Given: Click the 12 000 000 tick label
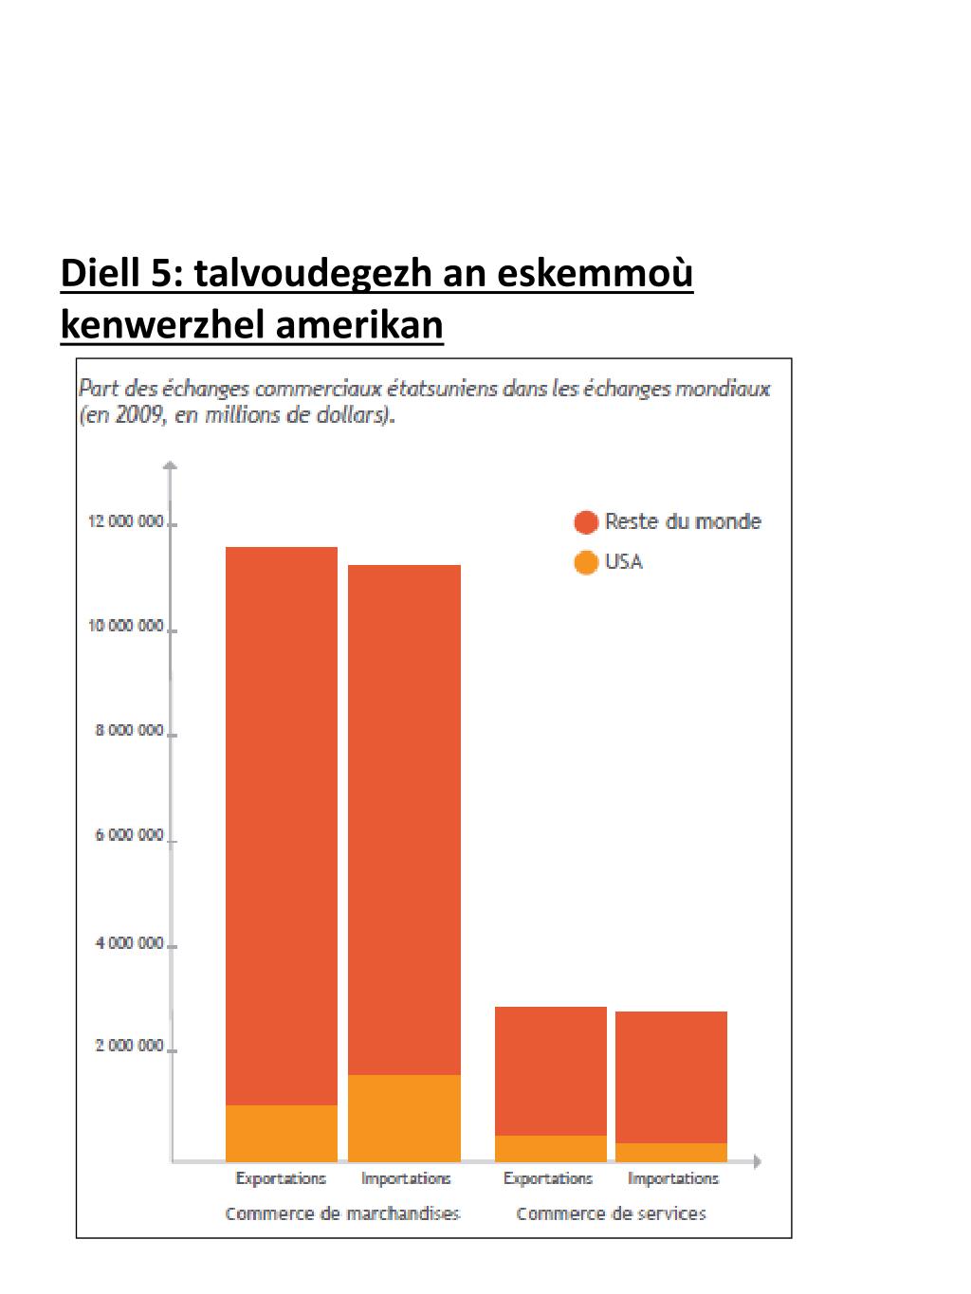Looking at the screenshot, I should click(126, 521).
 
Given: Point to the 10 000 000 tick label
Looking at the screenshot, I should click(126, 626).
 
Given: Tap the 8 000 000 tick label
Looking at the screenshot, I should click(130, 731).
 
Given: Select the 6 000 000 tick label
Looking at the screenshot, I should click(130, 835).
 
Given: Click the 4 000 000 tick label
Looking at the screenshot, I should click(130, 943).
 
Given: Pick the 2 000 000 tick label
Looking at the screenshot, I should click(130, 1046).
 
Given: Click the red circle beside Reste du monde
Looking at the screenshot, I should click(586, 522).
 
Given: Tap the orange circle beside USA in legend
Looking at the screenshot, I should click(586, 562).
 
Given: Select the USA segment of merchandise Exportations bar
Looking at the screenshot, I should click(282, 1133).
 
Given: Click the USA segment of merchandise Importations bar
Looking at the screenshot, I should click(404, 1118).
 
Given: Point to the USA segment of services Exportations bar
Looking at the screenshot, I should click(550, 1148).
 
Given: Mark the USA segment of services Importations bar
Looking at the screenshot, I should click(671, 1152).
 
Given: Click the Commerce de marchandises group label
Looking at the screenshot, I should click(342, 1213).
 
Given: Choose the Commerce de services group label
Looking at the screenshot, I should click(611, 1213).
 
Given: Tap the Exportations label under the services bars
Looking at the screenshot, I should click(548, 1178).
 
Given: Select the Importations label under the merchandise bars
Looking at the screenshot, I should click(406, 1178).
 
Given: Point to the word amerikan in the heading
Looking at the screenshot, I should click(359, 325).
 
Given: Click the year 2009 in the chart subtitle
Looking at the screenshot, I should click(141, 415).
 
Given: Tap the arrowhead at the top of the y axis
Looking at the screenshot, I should click(170, 465).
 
